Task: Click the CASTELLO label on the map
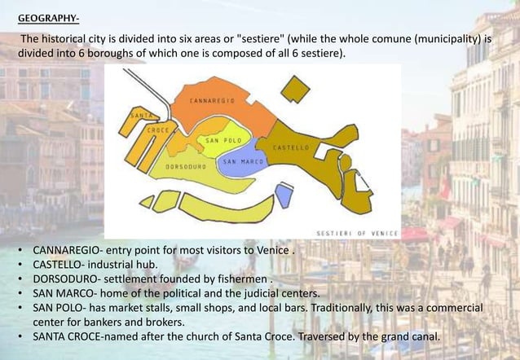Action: [289, 148]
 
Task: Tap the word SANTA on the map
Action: [139, 115]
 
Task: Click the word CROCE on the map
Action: [157, 129]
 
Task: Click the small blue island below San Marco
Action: [283, 194]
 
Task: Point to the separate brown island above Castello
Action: [294, 90]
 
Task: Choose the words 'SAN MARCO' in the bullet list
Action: [62, 293]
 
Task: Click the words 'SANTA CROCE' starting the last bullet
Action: [69, 337]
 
